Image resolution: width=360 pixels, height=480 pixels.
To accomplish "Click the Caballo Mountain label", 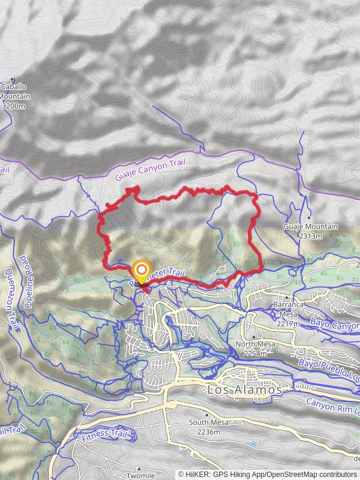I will coord(13,91).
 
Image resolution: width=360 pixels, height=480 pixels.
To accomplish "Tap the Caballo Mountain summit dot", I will coord(13,79).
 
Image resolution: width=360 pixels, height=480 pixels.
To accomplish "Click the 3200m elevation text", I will coord(13,106).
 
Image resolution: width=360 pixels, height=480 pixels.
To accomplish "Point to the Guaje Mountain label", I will coord(310,227).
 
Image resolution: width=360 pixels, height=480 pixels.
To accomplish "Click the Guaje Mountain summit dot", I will coord(309,217).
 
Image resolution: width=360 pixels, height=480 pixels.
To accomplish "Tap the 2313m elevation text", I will coord(310,236).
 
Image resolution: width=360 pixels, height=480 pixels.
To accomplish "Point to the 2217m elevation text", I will coord(289,323).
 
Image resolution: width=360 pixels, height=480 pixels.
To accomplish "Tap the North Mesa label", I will coord(255,344).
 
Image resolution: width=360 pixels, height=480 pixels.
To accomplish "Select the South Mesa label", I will coord(207,423).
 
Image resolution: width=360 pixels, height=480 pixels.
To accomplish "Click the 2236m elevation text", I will coord(207,431).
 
